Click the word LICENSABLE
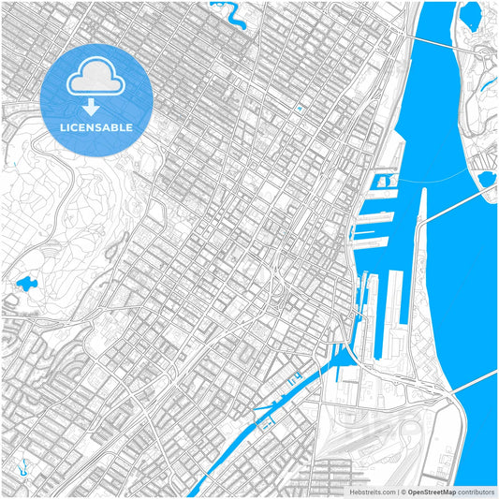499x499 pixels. point(96,127)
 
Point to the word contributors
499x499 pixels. point(476,491)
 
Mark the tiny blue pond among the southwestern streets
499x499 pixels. point(20,465)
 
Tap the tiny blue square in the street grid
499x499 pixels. point(300,109)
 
